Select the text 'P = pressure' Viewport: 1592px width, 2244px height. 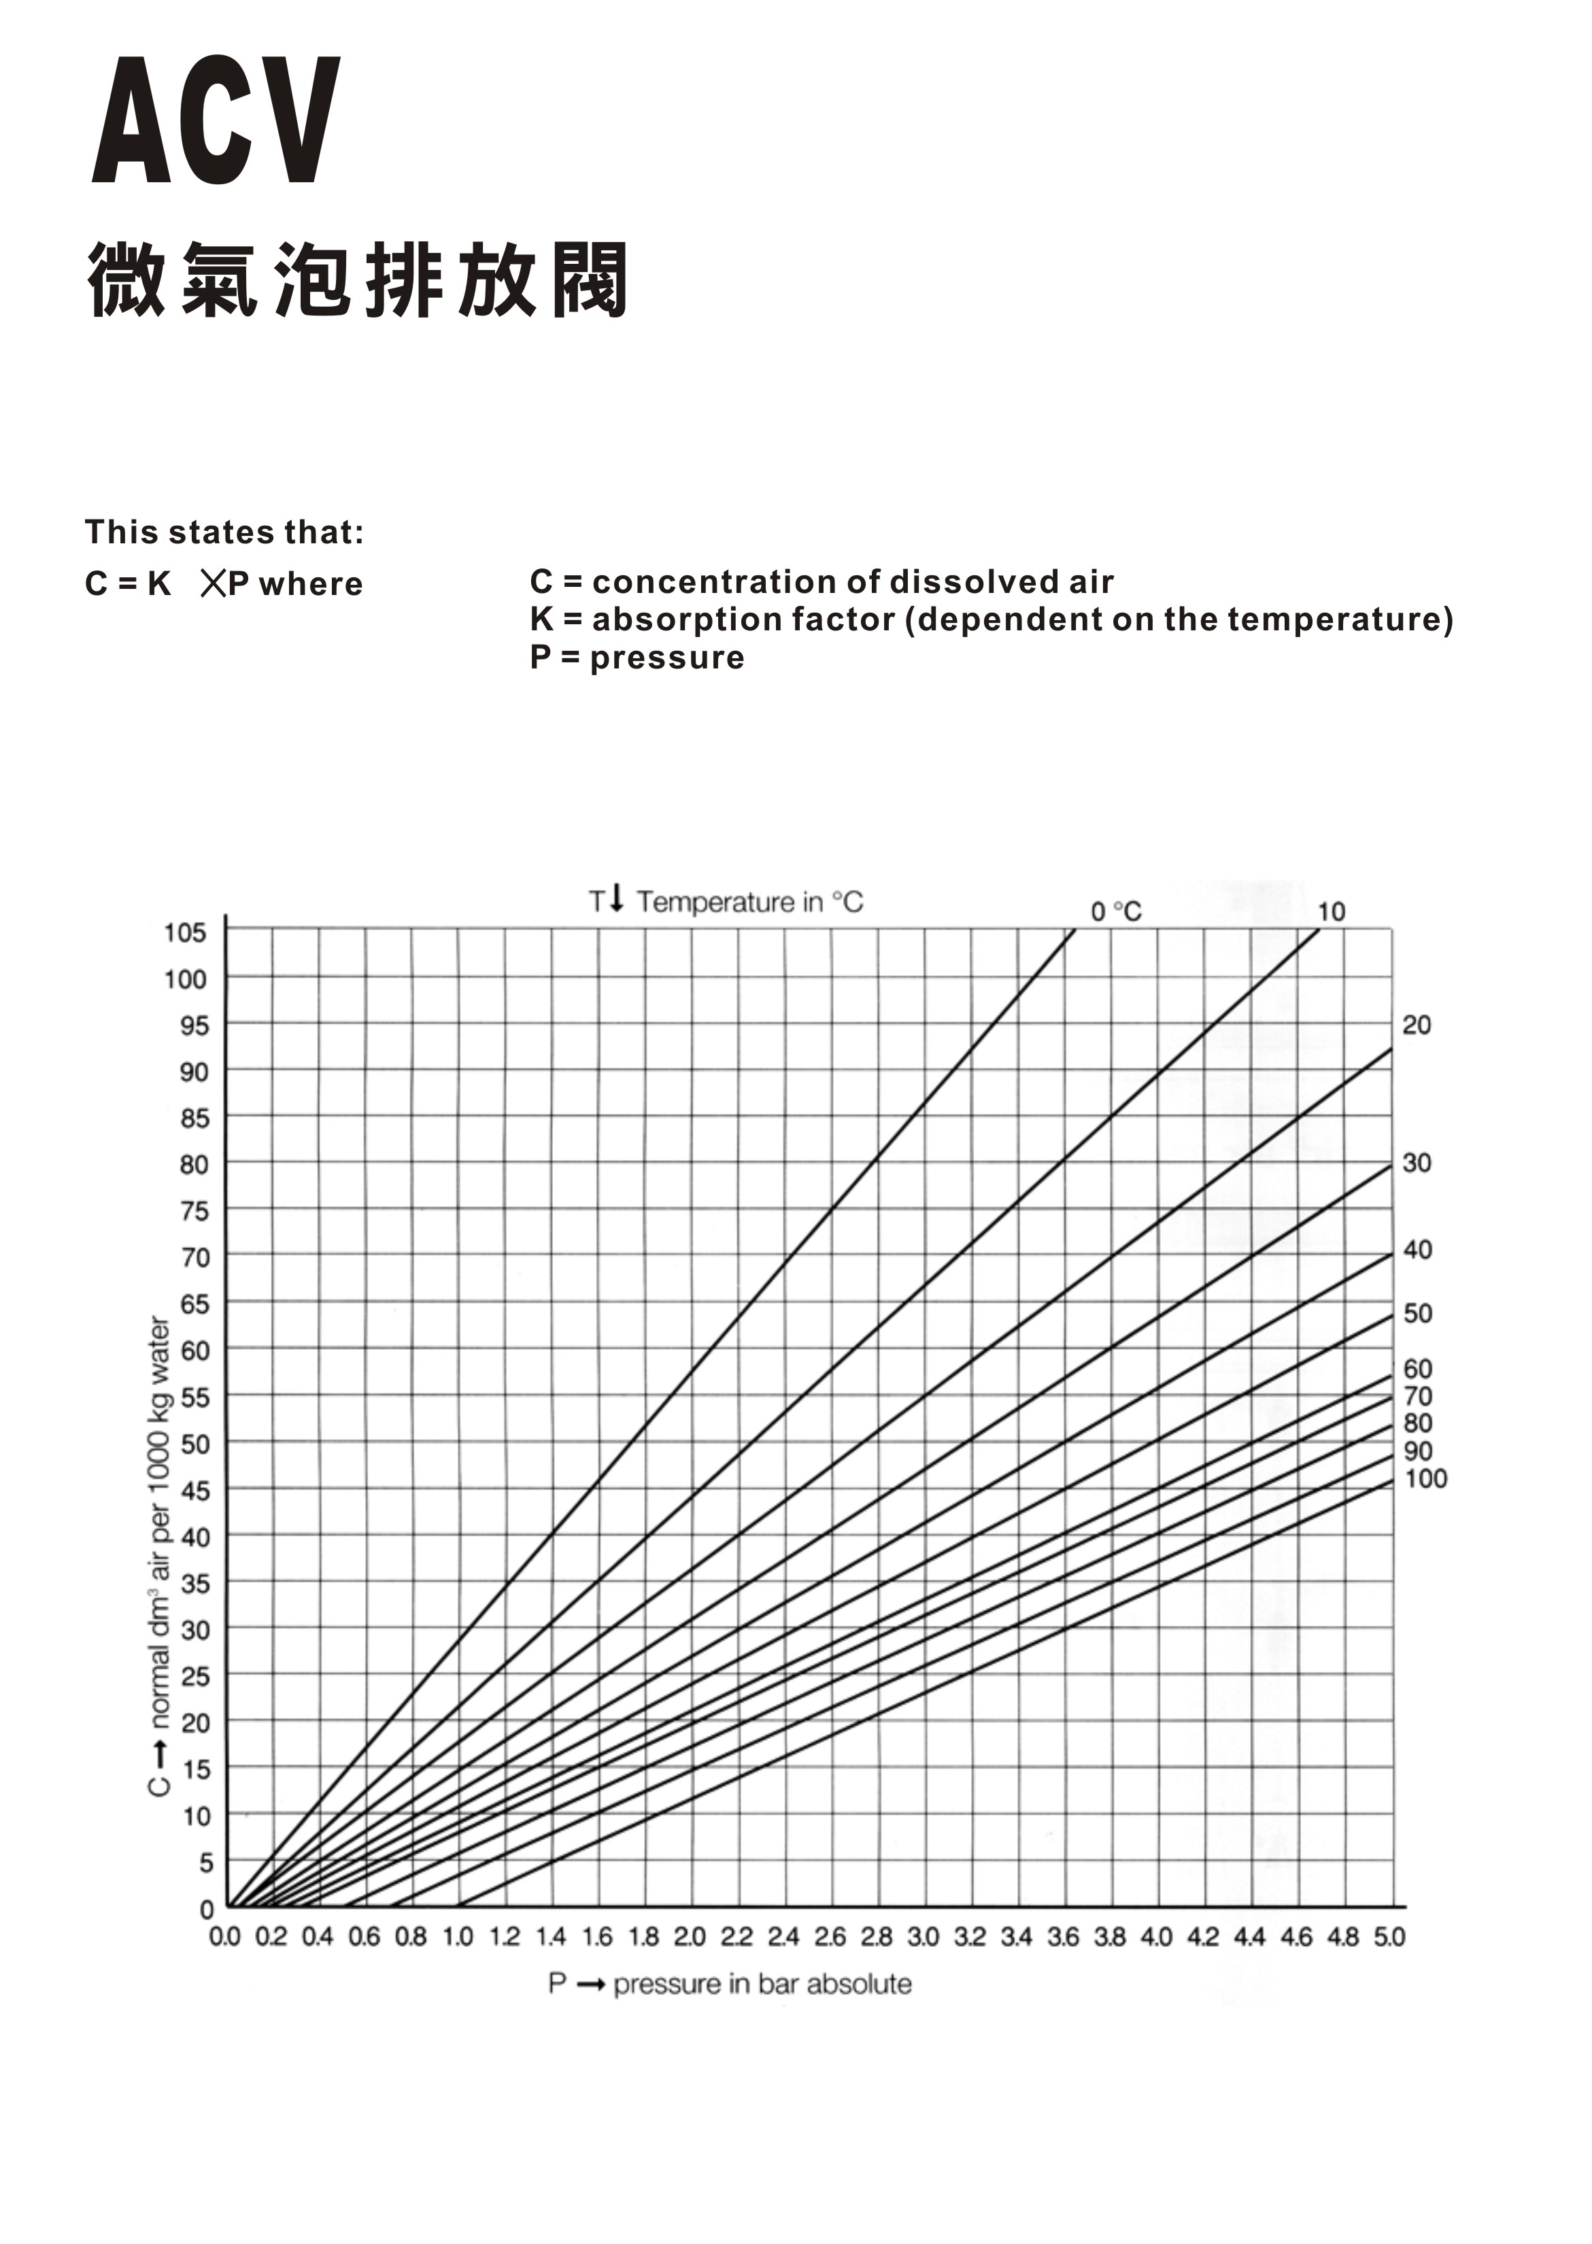tap(637, 658)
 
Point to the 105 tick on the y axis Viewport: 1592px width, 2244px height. tap(185, 932)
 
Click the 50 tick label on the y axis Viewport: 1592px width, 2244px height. tap(195, 1444)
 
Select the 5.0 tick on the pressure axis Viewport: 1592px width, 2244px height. tap(1390, 1937)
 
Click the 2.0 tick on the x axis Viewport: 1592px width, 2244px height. tap(690, 1937)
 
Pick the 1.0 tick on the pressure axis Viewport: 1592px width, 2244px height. tap(458, 1937)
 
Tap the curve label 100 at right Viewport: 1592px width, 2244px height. tap(1425, 1478)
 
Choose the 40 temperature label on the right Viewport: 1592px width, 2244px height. tap(1417, 1250)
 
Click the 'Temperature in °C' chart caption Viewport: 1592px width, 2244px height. tap(749, 902)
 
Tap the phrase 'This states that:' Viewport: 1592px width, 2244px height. tap(224, 532)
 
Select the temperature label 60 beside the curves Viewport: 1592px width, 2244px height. tap(1417, 1369)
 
